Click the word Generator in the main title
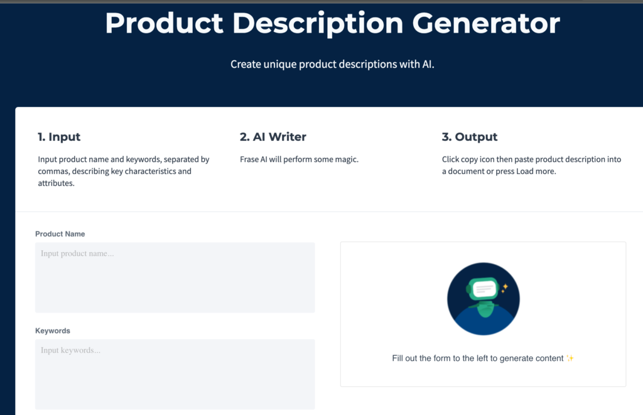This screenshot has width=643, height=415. coord(485,23)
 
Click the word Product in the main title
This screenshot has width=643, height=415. coord(164,23)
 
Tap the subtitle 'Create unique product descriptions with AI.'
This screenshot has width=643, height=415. coord(332,64)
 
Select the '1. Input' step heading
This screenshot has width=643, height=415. coord(59,137)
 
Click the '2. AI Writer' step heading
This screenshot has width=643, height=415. coord(273,137)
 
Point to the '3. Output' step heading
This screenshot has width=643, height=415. coord(470,137)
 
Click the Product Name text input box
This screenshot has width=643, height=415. coord(175,283)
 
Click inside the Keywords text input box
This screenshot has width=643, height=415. coord(175,377)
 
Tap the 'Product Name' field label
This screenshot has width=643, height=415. coord(60,234)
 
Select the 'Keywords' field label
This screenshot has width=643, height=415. coord(53,331)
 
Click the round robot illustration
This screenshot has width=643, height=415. coord(483,299)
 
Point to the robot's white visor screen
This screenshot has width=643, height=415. coord(484,289)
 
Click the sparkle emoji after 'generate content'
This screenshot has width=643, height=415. coord(570,358)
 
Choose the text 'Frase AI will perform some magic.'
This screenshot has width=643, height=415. coord(299,160)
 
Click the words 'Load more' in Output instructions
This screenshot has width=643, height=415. coord(535,172)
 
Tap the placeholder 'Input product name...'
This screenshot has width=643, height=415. coord(77,254)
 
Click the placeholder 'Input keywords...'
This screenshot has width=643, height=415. coord(70,350)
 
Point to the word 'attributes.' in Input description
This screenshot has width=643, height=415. coord(56,183)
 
